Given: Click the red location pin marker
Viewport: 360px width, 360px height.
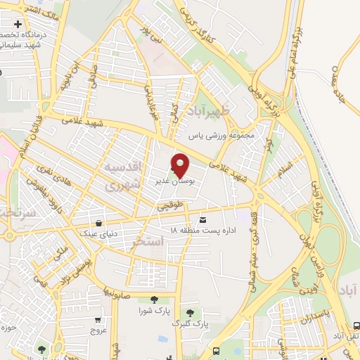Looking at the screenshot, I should point(181,165).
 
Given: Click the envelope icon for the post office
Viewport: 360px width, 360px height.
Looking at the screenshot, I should point(203,220).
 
